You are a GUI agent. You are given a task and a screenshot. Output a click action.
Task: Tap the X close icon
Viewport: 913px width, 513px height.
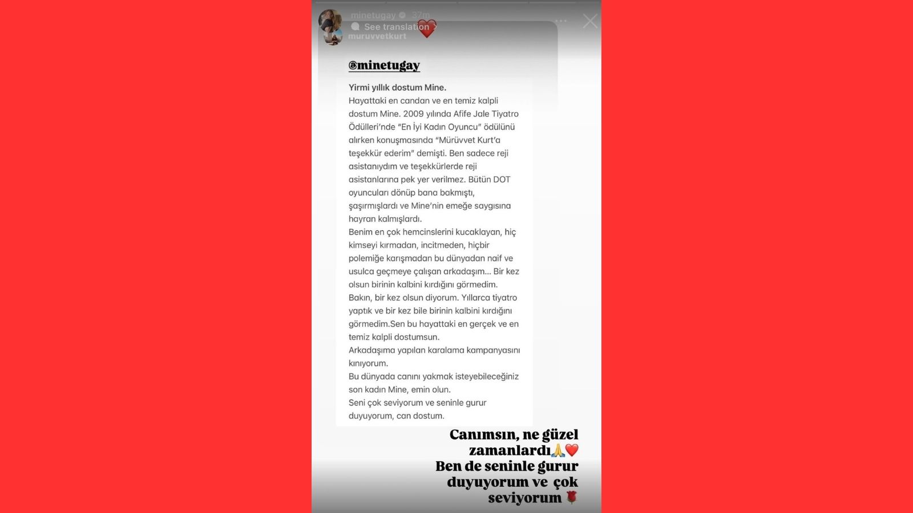(x=590, y=22)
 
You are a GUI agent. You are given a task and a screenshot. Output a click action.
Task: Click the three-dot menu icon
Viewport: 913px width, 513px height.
(x=561, y=21)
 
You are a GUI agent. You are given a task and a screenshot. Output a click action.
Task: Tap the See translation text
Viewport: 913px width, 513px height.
(x=396, y=27)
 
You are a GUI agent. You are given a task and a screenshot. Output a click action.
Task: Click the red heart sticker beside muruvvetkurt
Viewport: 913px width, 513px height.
(x=426, y=29)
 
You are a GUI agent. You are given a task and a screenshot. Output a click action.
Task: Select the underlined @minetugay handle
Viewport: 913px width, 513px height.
(x=384, y=66)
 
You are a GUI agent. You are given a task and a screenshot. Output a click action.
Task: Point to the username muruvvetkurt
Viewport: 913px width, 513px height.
(x=377, y=36)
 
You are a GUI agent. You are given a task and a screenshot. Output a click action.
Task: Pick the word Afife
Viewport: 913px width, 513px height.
(x=466, y=114)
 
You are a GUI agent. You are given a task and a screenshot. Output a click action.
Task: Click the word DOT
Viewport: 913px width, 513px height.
(x=502, y=180)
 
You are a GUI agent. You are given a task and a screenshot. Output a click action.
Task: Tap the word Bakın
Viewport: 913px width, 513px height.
(x=359, y=298)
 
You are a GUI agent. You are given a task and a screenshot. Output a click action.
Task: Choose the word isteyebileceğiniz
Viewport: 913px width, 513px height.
(x=487, y=376)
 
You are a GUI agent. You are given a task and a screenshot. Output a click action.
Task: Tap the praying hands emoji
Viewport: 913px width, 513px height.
(x=558, y=450)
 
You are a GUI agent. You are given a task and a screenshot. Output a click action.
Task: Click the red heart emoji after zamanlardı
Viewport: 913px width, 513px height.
(x=572, y=450)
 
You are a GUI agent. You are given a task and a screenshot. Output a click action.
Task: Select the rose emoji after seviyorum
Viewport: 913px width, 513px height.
(x=572, y=498)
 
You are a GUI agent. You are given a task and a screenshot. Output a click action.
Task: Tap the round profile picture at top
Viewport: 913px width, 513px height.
(x=330, y=21)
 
